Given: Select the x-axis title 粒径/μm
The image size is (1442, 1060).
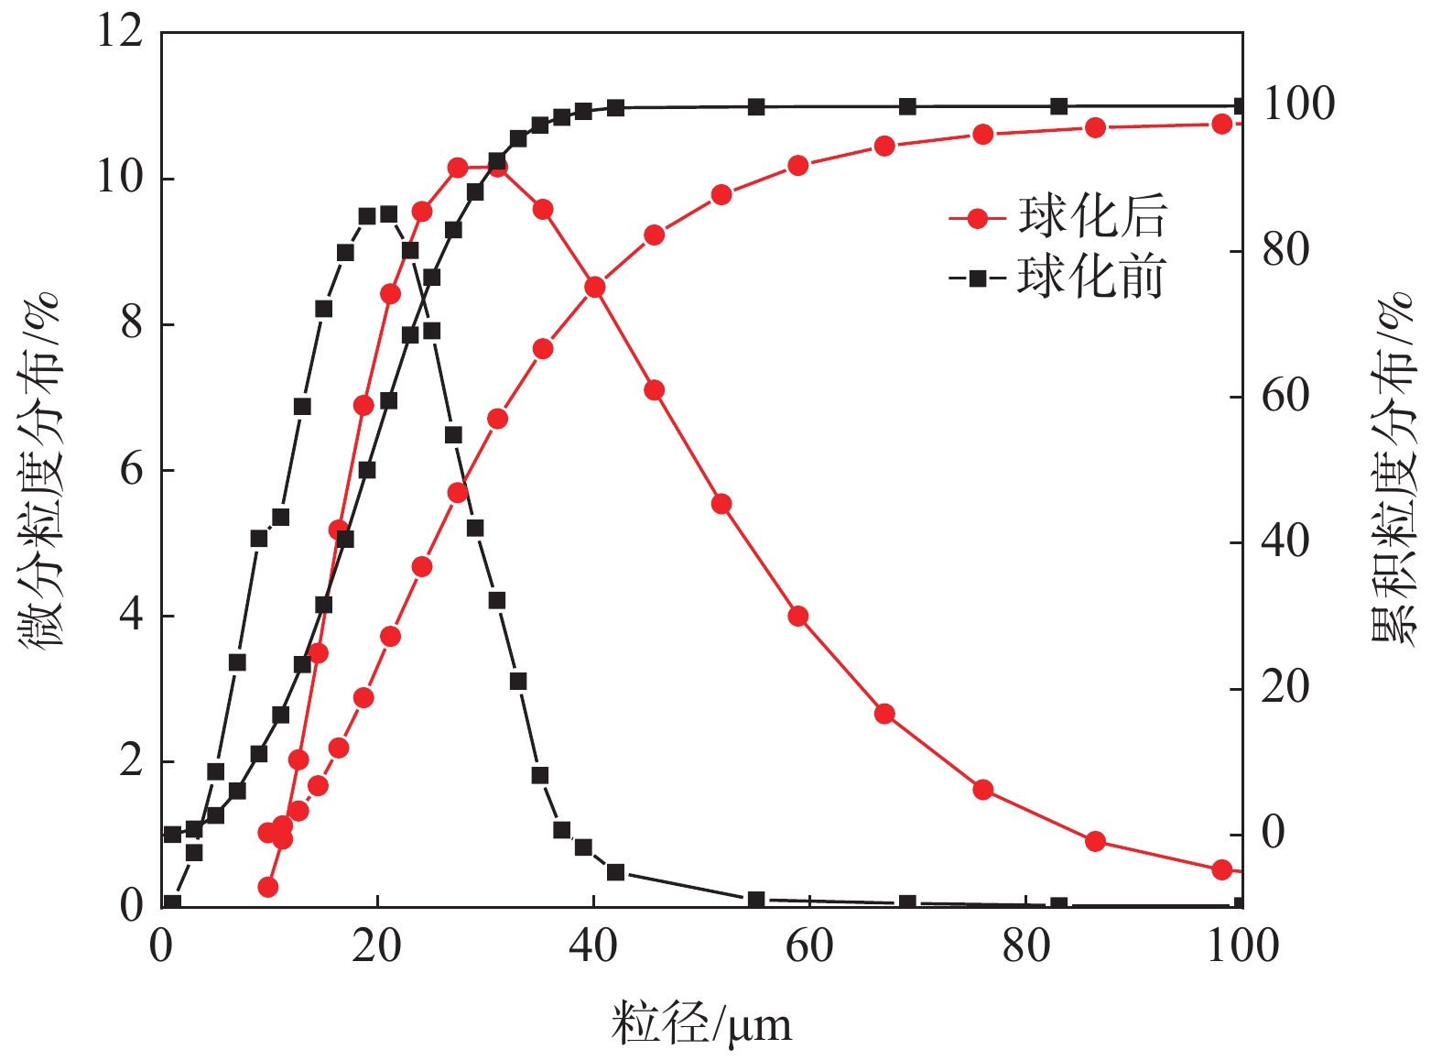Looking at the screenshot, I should pyautogui.click(x=701, y=1024).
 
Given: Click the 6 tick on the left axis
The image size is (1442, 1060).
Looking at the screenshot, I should pyautogui.click(x=132, y=470).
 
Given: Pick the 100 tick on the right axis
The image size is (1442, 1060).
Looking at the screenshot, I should pyautogui.click(x=1298, y=104).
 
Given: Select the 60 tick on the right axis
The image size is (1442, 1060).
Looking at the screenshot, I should pyautogui.click(x=1285, y=397).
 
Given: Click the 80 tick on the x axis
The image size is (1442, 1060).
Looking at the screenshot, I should pyautogui.click(x=1025, y=945).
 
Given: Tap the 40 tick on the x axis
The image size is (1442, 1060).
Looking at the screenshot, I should pyautogui.click(x=593, y=945).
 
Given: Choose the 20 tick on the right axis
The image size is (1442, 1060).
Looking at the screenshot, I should pyautogui.click(x=1285, y=688).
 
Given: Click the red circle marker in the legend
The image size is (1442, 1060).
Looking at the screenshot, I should pyautogui.click(x=978, y=218).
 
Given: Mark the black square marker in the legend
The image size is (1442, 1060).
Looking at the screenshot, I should pyautogui.click(x=978, y=278).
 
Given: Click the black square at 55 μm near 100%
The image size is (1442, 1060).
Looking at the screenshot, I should pyautogui.click(x=756, y=107).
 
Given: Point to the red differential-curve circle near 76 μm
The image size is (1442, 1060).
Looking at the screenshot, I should pyautogui.click(x=983, y=790).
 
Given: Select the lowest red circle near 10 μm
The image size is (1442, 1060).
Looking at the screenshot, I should pyautogui.click(x=268, y=887).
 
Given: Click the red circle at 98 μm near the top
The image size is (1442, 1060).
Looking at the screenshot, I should pyautogui.click(x=1221, y=124).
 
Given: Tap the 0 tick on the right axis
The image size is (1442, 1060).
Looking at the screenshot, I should pyautogui.click(x=1274, y=834).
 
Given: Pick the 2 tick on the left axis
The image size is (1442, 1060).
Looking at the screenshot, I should pyautogui.click(x=132, y=761).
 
